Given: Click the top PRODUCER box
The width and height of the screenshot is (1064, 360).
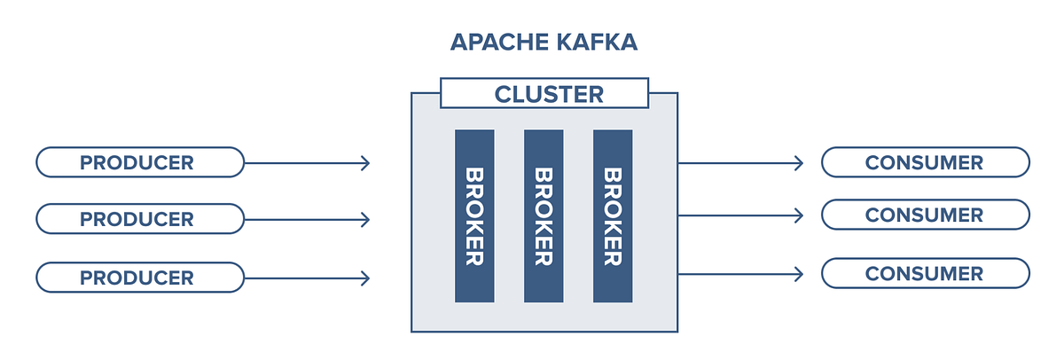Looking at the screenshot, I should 139,162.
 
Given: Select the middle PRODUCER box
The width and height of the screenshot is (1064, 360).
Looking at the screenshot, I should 139,219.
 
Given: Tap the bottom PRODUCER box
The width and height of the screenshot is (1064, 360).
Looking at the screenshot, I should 139,278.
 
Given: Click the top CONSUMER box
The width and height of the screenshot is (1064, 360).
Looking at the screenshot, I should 925,162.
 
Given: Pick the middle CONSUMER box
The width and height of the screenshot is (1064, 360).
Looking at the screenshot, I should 925,215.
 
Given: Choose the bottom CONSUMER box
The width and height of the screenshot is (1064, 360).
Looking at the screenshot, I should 925,273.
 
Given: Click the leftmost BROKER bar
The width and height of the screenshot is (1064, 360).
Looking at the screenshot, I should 474,216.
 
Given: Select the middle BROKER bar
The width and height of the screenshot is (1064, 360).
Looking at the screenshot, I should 544,216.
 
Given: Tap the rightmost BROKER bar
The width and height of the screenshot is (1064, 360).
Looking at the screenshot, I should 613,216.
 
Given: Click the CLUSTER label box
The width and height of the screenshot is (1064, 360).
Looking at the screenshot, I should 544,93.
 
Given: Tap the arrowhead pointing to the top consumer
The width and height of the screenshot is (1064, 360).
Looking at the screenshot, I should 799,162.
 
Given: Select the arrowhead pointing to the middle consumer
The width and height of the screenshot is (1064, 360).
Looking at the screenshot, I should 799,215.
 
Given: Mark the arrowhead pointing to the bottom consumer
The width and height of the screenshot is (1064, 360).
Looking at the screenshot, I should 799,273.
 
